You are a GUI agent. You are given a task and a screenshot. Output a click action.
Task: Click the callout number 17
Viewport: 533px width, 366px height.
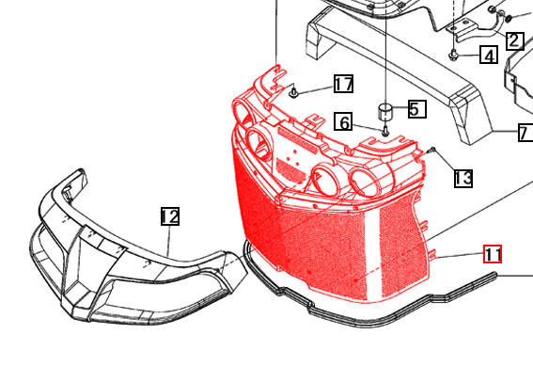(x=343, y=85)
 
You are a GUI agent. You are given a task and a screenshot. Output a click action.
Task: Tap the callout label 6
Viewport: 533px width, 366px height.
(x=345, y=122)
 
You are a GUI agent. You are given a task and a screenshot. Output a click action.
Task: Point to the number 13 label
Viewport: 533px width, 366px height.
(x=462, y=178)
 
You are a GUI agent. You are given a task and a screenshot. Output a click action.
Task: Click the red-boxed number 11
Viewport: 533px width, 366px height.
(x=494, y=254)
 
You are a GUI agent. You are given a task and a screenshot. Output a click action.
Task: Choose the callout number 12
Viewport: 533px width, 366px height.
(x=169, y=217)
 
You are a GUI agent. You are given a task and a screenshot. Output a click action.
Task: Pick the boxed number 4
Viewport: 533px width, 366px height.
(x=488, y=56)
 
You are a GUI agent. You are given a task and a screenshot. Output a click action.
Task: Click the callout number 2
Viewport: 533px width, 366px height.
(x=514, y=40)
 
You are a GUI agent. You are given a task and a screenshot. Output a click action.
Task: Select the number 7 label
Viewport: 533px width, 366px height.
(x=524, y=133)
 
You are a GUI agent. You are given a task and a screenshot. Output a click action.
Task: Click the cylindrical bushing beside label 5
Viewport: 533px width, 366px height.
(x=386, y=113)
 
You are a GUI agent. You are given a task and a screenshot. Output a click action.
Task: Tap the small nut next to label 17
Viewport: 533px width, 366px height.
(x=294, y=92)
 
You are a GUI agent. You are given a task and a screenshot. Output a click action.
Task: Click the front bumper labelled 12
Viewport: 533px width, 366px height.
(x=113, y=254)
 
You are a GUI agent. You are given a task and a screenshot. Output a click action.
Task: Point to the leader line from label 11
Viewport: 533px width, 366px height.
(x=461, y=255)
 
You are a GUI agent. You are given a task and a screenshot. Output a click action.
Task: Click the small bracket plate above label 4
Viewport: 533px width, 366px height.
(x=462, y=29)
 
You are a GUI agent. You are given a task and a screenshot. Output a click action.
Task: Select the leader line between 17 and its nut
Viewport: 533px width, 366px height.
(x=315, y=88)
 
